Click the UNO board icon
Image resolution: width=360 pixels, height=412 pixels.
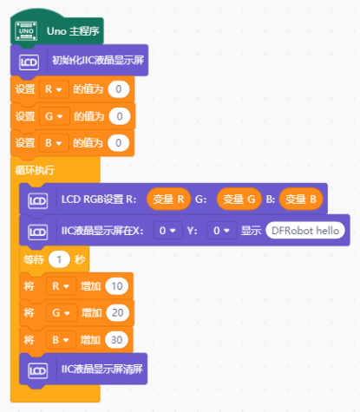[26, 31]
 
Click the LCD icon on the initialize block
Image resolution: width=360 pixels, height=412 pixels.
[29, 62]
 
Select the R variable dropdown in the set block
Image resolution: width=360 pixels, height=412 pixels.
[54, 89]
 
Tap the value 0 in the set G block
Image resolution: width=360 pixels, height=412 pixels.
[120, 116]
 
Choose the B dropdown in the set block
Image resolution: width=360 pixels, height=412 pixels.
[54, 143]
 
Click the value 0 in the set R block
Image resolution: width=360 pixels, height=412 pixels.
[119, 89]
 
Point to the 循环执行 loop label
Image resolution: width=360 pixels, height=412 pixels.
[35, 170]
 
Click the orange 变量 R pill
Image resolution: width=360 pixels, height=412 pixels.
[168, 199]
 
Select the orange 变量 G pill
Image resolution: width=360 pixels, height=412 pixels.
[239, 199]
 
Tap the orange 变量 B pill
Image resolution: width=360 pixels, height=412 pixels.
[301, 199]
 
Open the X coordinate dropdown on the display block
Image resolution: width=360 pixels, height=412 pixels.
[167, 231]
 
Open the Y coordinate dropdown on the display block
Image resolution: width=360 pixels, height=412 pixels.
[222, 231]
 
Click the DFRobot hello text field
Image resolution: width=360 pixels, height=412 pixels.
[305, 231]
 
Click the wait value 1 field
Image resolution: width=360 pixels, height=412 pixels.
[59, 259]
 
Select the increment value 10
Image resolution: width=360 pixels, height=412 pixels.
[117, 286]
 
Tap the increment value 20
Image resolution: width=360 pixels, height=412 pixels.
[118, 313]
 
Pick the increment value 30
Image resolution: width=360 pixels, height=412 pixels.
[116, 340]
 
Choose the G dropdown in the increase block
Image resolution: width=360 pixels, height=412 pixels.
[62, 313]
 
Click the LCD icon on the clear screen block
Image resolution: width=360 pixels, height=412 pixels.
[38, 370]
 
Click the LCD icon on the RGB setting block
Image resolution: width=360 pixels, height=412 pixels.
[38, 200]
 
